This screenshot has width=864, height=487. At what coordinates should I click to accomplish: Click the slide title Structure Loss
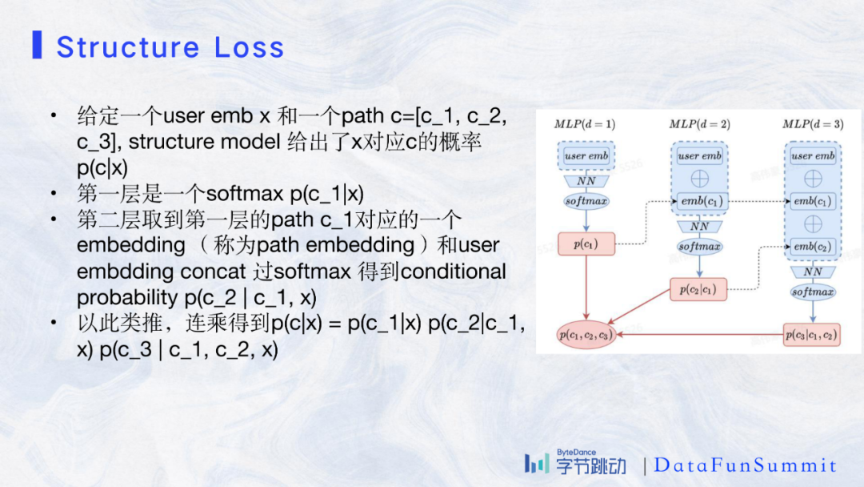point(170,47)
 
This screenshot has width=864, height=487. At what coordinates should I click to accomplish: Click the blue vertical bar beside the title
point(37,46)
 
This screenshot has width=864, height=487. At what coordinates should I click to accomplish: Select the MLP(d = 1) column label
point(585,124)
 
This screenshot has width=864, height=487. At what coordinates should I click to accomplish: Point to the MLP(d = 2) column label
point(699,124)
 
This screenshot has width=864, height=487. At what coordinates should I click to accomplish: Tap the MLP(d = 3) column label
point(813,124)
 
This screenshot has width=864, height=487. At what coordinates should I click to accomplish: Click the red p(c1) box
point(586,243)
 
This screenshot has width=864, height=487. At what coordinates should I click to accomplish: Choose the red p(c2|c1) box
point(698,289)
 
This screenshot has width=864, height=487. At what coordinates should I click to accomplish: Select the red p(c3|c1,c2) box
point(812,334)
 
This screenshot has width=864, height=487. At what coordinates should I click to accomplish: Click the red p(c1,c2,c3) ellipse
point(586,334)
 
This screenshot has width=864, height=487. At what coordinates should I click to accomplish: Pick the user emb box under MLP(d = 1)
point(586,156)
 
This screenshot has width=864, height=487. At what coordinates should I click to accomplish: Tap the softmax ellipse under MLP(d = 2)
point(699,247)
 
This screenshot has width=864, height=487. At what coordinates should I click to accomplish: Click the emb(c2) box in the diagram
point(813,247)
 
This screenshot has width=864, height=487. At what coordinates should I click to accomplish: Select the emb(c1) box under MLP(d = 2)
point(699,201)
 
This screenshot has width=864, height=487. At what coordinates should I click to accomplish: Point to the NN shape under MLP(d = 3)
point(813,272)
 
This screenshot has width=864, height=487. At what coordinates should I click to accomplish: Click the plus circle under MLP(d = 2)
point(699,179)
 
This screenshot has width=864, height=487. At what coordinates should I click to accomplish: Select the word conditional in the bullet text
point(452,272)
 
